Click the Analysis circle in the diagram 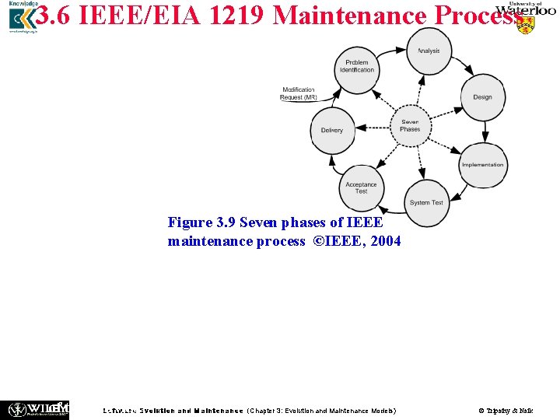coord(429,50)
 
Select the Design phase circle coord(482,97)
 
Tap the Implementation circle coord(482,164)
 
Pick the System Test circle coord(426,202)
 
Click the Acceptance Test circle coord(361,187)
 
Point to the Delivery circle coord(332,130)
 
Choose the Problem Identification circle coord(357,66)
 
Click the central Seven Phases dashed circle coord(410,125)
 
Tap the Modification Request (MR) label coord(299,94)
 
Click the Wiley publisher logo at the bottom coord(37,408)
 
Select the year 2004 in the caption coord(386,241)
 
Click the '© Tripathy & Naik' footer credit coord(506,410)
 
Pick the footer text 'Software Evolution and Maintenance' coord(173,410)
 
